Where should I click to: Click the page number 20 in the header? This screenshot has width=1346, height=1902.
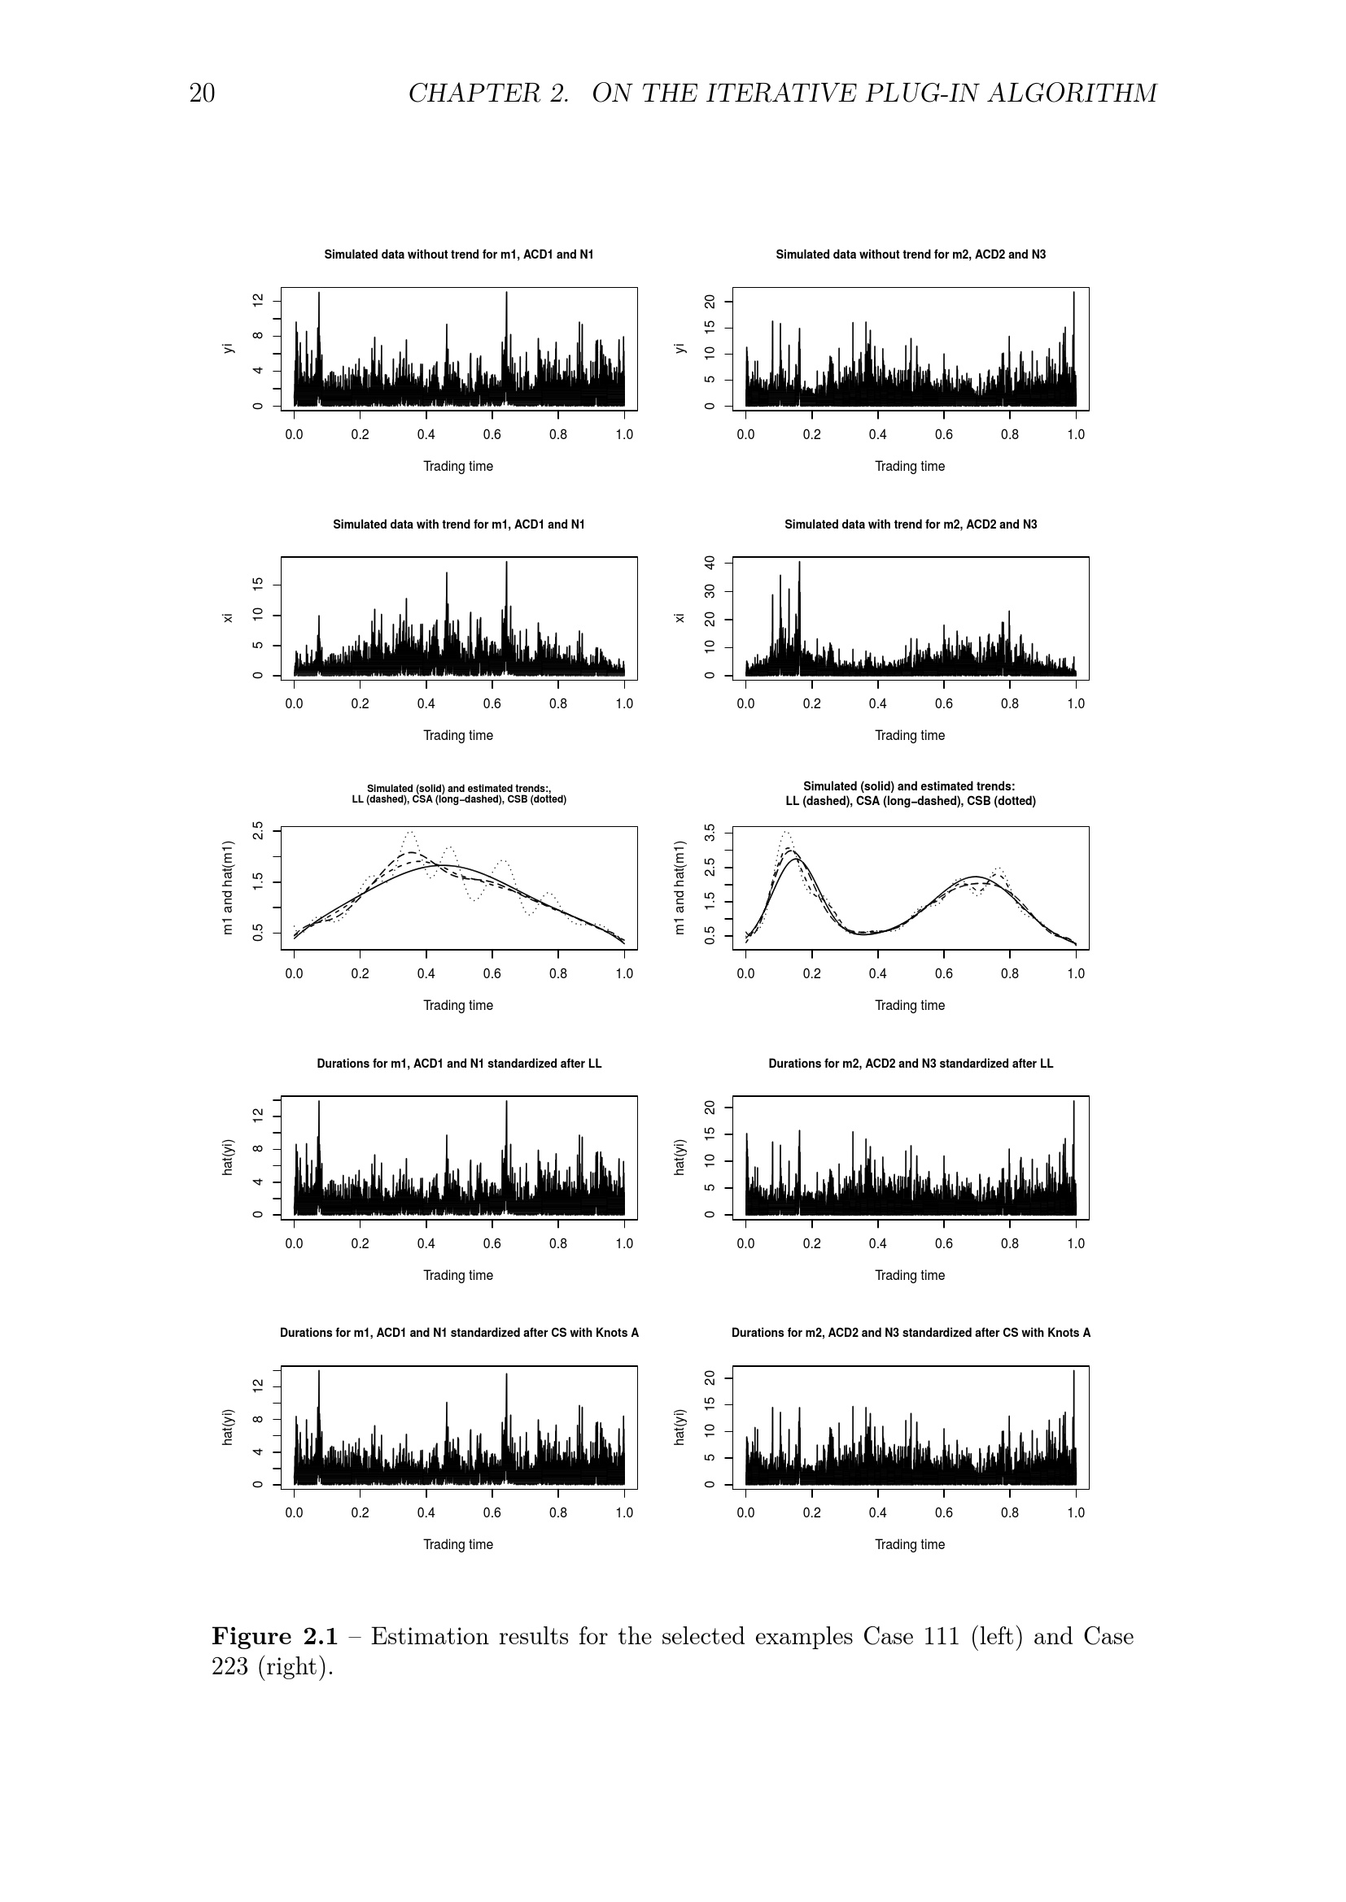[203, 94]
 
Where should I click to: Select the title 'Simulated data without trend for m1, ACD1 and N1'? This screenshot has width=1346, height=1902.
[458, 255]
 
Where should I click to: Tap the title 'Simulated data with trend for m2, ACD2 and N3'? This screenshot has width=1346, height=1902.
[910, 524]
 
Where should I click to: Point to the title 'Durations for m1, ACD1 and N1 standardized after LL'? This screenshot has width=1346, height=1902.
[458, 1064]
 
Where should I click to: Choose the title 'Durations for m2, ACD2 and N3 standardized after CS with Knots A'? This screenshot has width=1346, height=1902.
[910, 1333]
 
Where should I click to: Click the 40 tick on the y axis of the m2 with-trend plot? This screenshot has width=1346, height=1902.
[710, 564]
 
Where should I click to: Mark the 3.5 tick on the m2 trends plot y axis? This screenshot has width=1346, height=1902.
[710, 832]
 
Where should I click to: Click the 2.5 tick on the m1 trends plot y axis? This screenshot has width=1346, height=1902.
[259, 831]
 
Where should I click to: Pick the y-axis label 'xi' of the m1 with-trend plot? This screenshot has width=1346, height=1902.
[228, 618]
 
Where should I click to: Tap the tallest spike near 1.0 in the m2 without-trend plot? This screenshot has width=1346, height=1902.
[1073, 294]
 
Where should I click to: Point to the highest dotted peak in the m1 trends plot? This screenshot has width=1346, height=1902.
[410, 832]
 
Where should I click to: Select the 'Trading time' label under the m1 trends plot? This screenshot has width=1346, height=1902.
[458, 1006]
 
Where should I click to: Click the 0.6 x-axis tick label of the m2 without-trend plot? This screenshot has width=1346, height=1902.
[943, 435]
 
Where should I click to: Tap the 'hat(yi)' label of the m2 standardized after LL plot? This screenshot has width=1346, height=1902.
[680, 1157]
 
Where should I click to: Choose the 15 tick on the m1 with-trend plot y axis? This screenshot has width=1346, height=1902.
[259, 585]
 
